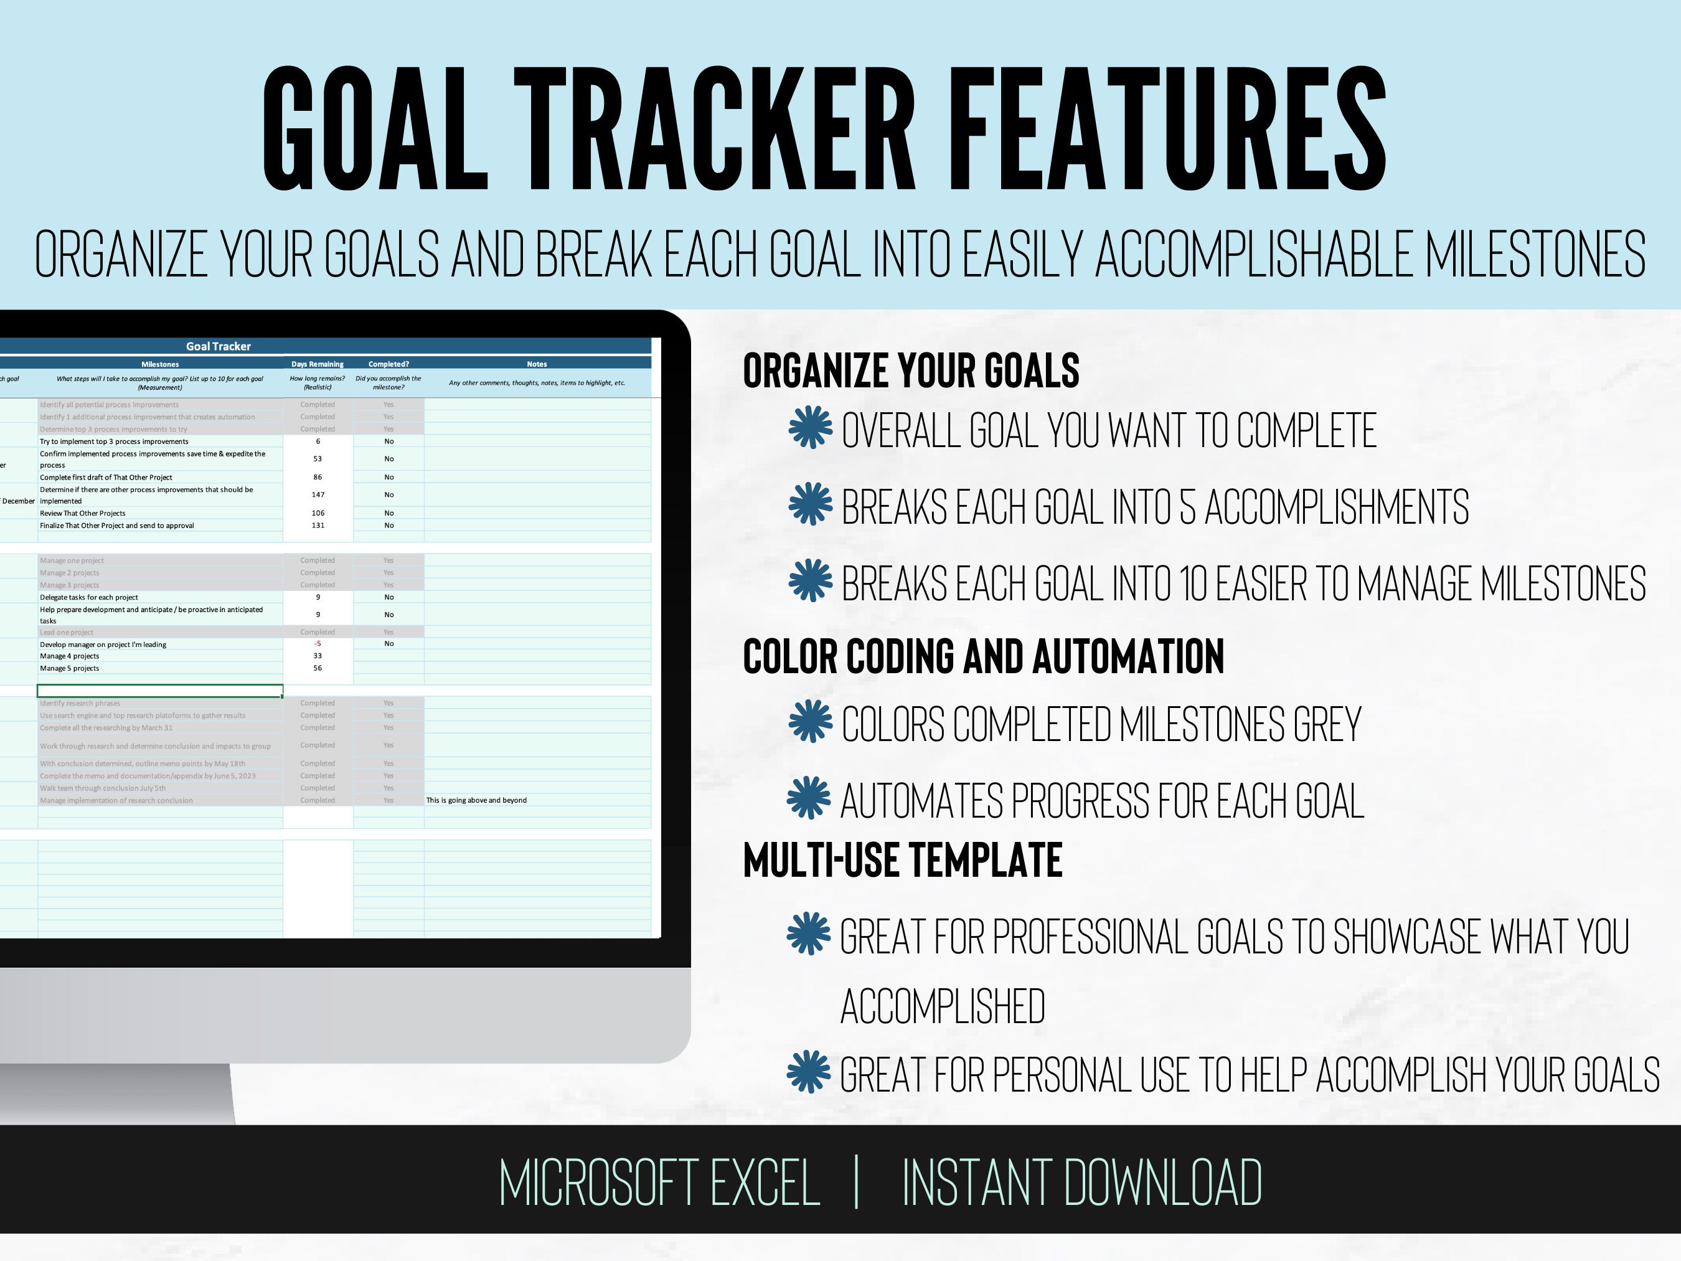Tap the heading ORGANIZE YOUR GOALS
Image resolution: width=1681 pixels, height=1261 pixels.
910,371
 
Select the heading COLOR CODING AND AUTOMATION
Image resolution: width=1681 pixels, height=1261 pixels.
982,657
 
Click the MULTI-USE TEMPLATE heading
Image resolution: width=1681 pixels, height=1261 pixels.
902,861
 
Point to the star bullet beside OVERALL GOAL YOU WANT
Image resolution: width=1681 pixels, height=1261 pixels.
810,427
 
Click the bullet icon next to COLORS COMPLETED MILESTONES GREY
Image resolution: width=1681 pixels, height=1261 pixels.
810,721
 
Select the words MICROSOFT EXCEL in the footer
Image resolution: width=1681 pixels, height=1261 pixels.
659,1183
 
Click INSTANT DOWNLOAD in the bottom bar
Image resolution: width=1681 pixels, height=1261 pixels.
1081,1183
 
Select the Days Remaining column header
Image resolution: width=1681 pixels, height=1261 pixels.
317,364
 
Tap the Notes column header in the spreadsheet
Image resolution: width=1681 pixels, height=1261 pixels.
537,364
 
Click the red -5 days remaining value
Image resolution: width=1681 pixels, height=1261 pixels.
318,644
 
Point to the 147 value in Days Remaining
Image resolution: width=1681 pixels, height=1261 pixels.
318,495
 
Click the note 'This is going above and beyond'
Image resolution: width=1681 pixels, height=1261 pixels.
476,800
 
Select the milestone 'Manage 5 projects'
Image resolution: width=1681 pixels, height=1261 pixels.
69,669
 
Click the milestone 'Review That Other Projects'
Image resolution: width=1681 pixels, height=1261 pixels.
82,514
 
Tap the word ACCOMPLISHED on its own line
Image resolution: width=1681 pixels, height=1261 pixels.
943,1006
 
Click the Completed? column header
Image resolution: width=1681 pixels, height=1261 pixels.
388,364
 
